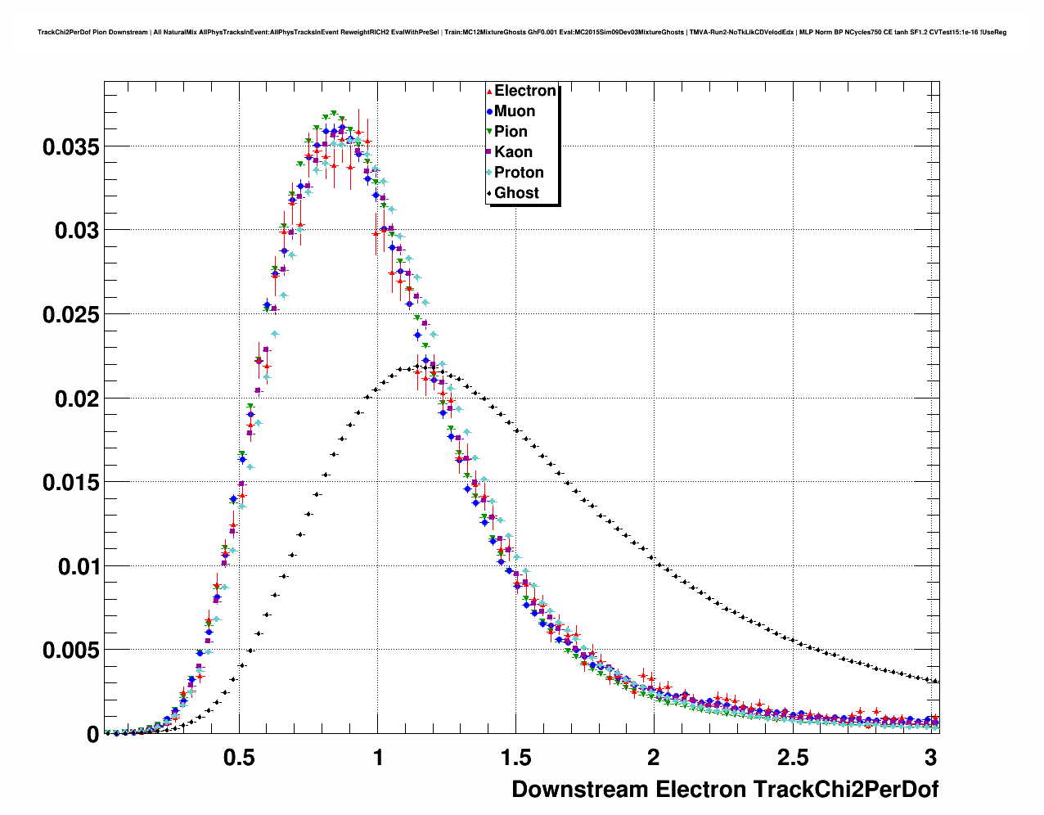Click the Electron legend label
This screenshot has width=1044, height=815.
[x=525, y=91]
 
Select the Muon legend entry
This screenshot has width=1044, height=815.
[x=515, y=111]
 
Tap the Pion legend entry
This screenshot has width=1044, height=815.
[x=511, y=132]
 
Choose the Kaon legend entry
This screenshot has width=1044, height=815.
[x=513, y=152]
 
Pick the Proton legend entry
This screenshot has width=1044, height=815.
[x=519, y=173]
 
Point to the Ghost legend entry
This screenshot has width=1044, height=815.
[x=516, y=193]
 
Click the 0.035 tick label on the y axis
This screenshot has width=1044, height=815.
[x=71, y=147]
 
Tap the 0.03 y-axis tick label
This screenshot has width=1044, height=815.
[x=77, y=231]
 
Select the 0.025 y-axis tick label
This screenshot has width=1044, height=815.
[x=71, y=315]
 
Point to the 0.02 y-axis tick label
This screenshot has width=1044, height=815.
[x=77, y=398]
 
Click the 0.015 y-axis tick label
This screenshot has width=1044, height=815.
[x=71, y=483]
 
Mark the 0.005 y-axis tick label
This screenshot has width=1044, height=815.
[x=71, y=651]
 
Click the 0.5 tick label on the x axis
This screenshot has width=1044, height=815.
[x=239, y=758]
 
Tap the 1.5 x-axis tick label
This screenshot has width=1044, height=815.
[x=515, y=758]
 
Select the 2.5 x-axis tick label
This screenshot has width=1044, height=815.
[x=792, y=758]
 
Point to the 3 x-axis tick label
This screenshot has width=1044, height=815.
[x=930, y=758]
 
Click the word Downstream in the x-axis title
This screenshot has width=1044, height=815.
[x=579, y=790]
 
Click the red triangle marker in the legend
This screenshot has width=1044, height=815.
[x=489, y=91]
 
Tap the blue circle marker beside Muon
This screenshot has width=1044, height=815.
[x=489, y=111]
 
